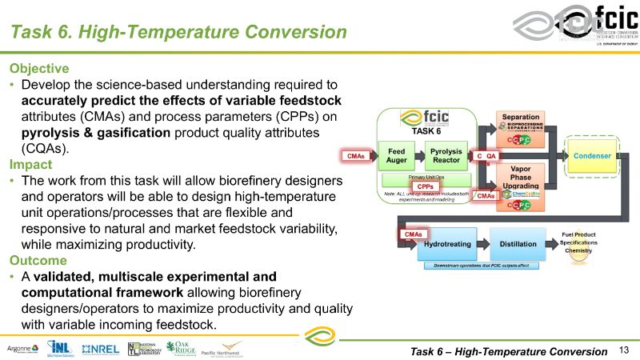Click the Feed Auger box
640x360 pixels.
click(397, 154)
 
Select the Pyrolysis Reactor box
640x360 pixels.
click(446, 154)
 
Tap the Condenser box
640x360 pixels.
click(592, 154)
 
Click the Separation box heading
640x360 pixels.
click(520, 118)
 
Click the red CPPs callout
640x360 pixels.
click(426, 186)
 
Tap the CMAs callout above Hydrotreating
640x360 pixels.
click(413, 234)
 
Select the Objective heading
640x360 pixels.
click(39, 68)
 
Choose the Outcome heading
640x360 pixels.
click(36, 260)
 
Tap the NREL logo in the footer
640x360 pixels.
click(100, 348)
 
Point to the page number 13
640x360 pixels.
click(625, 350)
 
